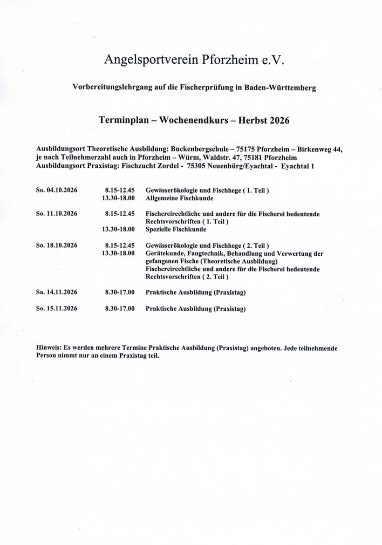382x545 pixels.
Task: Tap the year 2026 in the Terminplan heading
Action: (278, 120)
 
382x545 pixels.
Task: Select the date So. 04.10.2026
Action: (57, 191)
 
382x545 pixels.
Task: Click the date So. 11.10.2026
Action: (57, 214)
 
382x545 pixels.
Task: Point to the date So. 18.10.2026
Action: (57, 245)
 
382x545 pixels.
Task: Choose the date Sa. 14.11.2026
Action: (57, 292)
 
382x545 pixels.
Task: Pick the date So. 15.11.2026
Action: (57, 309)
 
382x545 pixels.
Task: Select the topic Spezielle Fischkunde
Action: (173, 229)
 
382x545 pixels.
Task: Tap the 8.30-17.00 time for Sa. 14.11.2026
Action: (119, 292)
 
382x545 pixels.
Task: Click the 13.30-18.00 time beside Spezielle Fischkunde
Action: (118, 229)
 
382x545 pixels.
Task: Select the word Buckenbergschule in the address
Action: (196, 148)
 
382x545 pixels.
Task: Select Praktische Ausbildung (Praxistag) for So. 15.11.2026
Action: (195, 309)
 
